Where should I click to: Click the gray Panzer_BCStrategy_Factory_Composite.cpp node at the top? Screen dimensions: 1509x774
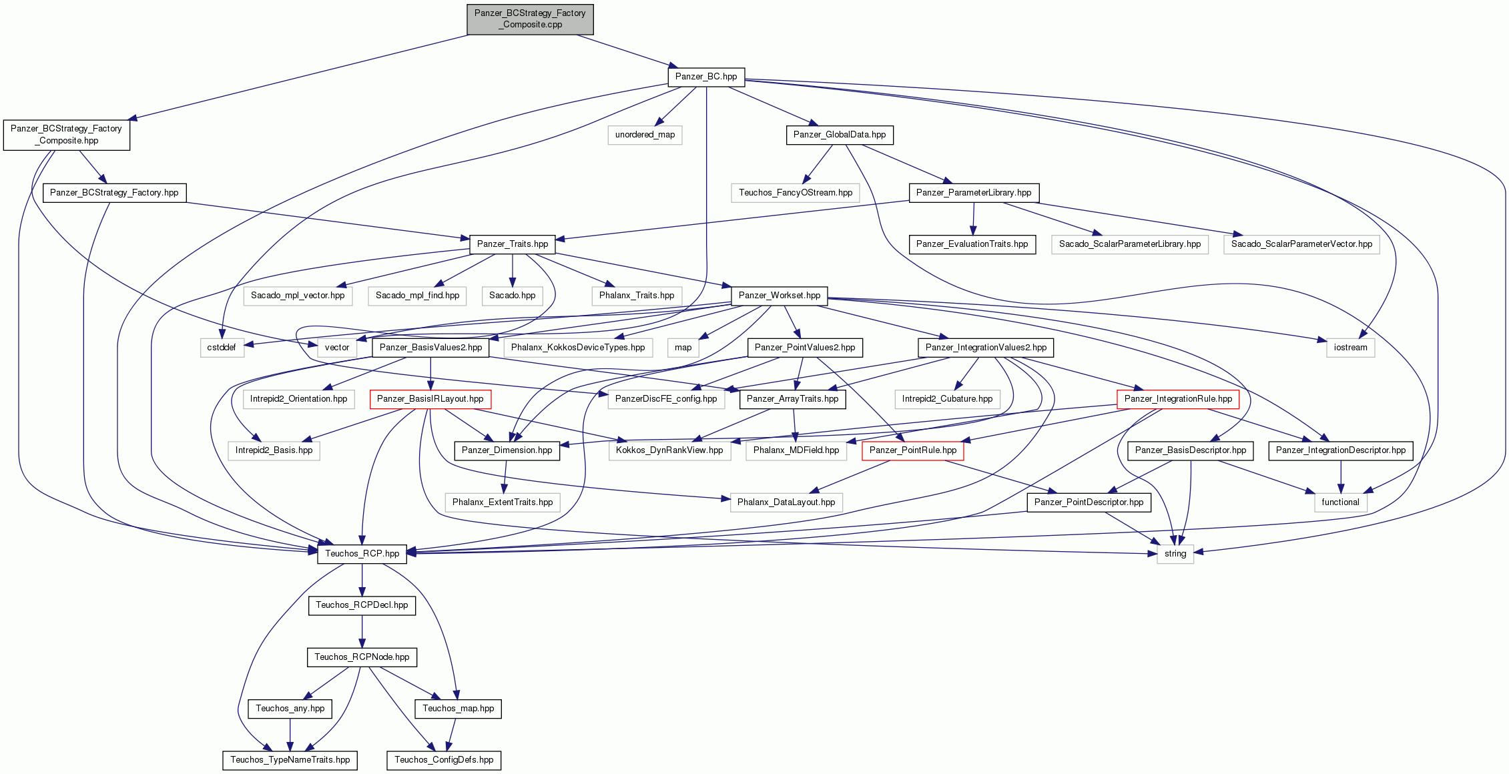[530, 19]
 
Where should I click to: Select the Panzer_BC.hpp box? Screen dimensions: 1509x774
[706, 77]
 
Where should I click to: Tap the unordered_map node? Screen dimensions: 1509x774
[645, 135]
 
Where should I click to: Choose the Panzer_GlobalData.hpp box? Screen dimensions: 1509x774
[840, 135]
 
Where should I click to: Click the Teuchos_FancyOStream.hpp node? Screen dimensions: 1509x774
[796, 193]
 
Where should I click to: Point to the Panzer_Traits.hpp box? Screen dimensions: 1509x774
[513, 244]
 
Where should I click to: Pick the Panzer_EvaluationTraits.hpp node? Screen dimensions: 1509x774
[972, 244]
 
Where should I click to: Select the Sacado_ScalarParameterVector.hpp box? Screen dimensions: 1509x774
[1301, 244]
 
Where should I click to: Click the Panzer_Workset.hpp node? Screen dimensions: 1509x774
[780, 296]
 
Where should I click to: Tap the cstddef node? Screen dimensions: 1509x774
[222, 348]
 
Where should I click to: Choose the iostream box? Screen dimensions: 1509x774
[1350, 348]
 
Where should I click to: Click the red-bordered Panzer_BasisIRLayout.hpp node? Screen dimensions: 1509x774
[430, 399]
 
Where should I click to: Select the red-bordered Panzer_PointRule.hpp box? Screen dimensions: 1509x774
[913, 450]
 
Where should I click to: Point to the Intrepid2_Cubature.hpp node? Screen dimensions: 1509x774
[947, 399]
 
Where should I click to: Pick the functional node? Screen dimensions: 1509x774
[1340, 502]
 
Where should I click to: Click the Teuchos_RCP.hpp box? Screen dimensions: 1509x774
[362, 554]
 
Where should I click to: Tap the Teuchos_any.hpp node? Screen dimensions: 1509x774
[290, 709]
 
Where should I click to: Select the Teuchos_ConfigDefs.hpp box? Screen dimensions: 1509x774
[444, 760]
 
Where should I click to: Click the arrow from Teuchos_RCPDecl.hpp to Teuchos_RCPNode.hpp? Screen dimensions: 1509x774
[362, 631]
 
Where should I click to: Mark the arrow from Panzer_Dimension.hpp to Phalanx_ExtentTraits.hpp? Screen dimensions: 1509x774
[506, 476]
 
